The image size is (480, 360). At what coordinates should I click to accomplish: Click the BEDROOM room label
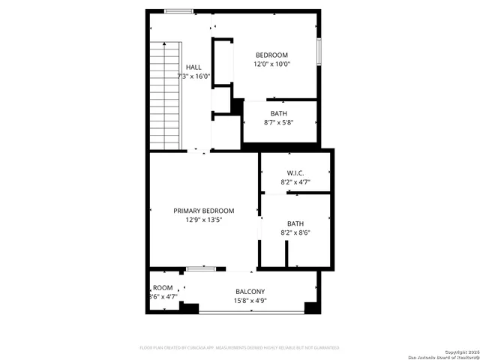click(x=271, y=55)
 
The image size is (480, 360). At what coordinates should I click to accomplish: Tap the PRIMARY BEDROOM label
click(x=204, y=211)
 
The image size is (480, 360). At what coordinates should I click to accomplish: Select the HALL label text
click(x=193, y=67)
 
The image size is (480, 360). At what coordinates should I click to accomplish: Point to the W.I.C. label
click(x=295, y=172)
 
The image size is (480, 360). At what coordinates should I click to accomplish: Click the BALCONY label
click(x=250, y=292)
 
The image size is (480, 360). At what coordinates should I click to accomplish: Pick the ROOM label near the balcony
click(x=163, y=288)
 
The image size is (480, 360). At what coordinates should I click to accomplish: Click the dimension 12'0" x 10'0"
click(x=271, y=64)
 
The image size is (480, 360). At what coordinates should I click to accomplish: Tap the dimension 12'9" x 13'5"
click(x=204, y=220)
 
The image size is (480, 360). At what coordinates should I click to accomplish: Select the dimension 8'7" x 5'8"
click(x=279, y=122)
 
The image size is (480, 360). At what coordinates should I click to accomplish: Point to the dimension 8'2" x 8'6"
click(x=295, y=232)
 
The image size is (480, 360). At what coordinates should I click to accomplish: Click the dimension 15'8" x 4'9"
click(x=250, y=301)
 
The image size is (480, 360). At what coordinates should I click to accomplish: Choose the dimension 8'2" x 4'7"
click(x=295, y=181)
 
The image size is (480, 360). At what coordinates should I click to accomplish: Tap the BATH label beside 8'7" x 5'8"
click(x=279, y=113)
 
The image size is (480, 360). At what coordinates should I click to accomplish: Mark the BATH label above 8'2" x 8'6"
click(x=295, y=223)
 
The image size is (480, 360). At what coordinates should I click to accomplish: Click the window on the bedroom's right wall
click(x=319, y=51)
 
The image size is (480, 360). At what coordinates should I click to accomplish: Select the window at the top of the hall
click(x=179, y=11)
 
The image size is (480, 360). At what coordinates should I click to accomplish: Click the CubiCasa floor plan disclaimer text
click(x=240, y=347)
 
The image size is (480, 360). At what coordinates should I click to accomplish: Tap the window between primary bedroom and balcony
click(x=201, y=268)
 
